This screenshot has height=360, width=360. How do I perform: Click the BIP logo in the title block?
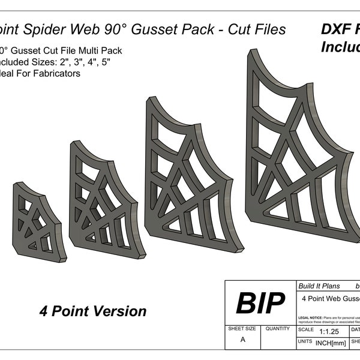[x=260, y=304]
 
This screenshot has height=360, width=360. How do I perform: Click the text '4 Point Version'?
[x=93, y=311]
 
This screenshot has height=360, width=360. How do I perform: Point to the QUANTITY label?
[x=278, y=329]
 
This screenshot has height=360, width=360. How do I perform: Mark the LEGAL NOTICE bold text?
[x=308, y=317]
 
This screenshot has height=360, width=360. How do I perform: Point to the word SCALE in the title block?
[x=305, y=330]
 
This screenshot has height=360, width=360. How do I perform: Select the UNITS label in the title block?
[x=305, y=341]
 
